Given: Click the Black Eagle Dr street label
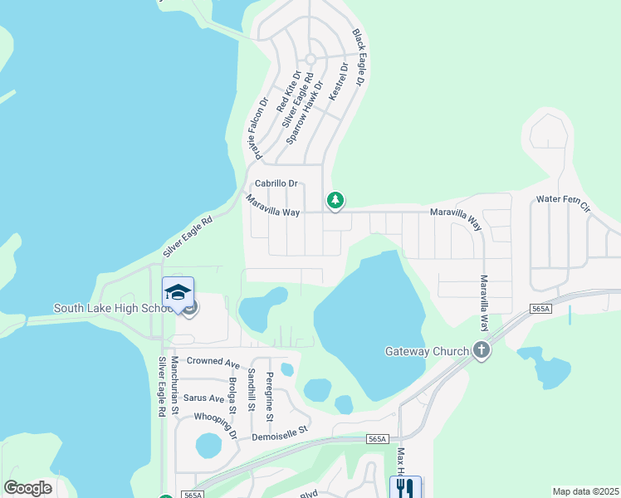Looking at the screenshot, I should click(359, 58).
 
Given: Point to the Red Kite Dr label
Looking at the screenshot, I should click(288, 91).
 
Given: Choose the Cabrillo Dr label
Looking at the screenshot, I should click(276, 183).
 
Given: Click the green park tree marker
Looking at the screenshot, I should click(335, 200).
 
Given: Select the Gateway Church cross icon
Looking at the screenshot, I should click(481, 350).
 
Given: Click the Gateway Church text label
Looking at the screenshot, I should click(427, 351).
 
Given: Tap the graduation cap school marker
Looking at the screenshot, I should click(178, 292).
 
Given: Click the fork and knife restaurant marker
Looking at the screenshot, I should click(405, 487).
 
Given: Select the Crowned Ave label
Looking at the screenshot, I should click(213, 361).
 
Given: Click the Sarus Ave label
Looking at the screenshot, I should click(204, 398).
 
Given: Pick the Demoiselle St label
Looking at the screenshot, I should click(280, 431).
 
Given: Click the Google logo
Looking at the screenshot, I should click(27, 488).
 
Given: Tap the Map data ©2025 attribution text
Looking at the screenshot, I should click(584, 491).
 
